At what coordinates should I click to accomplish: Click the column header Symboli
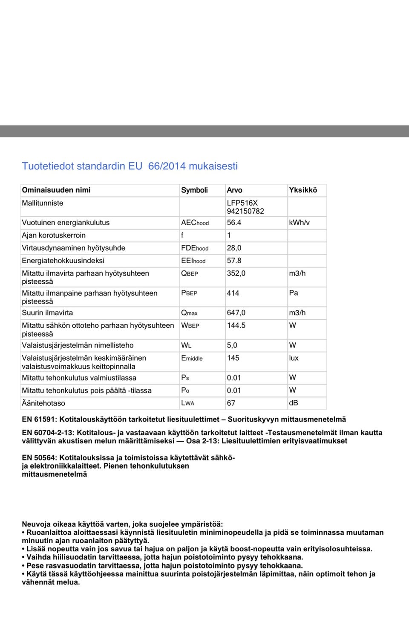pos(194,190)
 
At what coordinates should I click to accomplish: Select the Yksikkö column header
pos(303,190)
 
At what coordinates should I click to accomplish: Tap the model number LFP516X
pos(242,203)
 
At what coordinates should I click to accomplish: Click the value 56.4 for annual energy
pos(234,223)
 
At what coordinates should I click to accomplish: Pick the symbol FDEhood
pos(195,248)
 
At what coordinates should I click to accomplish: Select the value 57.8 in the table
pos(234,261)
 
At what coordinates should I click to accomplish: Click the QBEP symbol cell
pos(190,274)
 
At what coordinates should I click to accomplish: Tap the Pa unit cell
pos(294,293)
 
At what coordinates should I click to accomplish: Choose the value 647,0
pos(236,313)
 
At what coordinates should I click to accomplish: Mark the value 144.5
pos(236,326)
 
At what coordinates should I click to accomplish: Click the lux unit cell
pos(294,358)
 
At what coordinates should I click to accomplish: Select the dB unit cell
pos(294,403)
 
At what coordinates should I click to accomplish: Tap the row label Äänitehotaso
pos(43,403)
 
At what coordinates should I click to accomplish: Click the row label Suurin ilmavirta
pos(47,313)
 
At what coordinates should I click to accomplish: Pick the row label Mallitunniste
pos(43,203)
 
